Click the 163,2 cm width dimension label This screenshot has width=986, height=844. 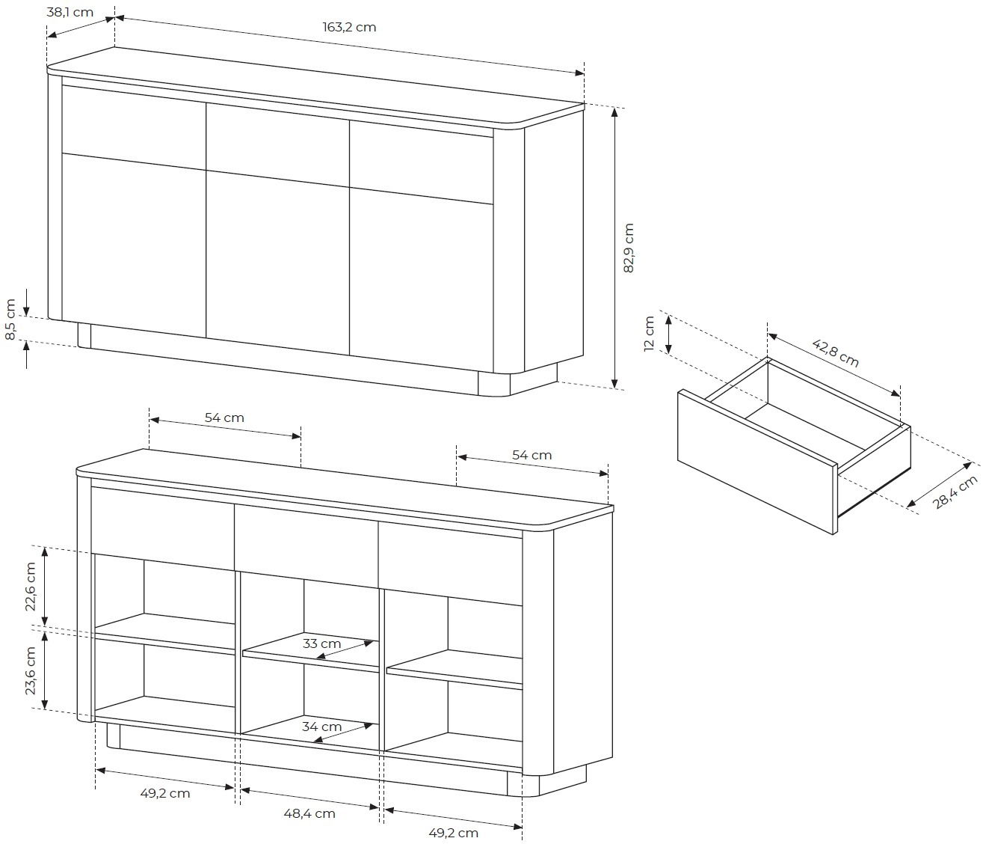[349, 27]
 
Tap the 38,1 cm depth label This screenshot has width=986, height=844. [70, 12]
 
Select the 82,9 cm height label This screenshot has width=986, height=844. [629, 248]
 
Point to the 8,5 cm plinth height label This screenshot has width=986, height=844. [10, 319]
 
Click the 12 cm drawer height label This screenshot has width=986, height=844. [649, 334]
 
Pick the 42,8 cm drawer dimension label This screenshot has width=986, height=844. [835, 353]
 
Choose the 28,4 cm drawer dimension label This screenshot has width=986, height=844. [955, 492]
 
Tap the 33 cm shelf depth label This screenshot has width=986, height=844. [321, 643]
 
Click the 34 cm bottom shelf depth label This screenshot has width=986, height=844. [322, 727]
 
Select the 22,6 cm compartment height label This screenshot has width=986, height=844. [31, 587]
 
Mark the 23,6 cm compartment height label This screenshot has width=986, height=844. [31, 670]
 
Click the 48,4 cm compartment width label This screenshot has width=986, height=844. [309, 813]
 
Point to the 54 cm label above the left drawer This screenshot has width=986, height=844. [224, 418]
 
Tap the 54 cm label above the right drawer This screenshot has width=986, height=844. [532, 455]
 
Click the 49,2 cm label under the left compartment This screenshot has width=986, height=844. [165, 793]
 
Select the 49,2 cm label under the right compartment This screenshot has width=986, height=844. [453, 833]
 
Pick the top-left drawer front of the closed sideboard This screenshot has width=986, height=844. [134, 127]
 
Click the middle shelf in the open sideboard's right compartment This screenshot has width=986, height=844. [455, 668]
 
